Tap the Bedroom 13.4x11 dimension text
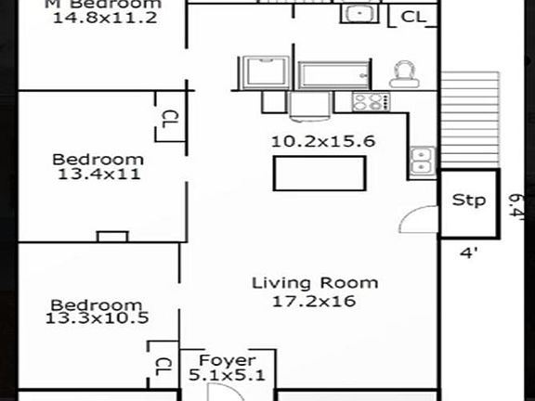[97, 173]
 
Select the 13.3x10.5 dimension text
[96, 318]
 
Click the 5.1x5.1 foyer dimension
[228, 376]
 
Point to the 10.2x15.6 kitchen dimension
[310, 141]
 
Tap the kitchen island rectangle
[319, 174]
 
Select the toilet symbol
[404, 74]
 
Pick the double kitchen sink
[420, 161]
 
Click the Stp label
[468, 200]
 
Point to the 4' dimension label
[468, 251]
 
